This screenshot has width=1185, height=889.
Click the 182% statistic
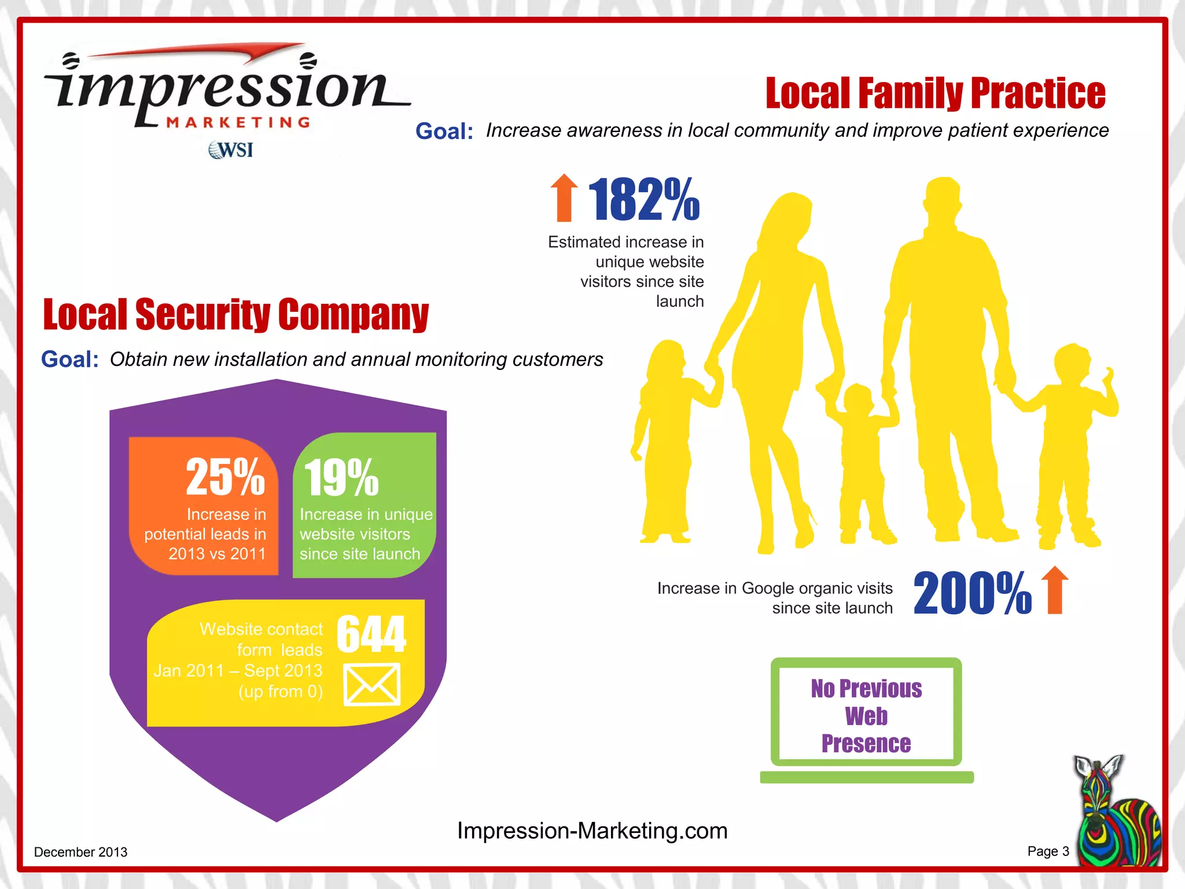(643, 200)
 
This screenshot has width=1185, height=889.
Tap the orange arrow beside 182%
(564, 198)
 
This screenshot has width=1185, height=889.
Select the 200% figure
(972, 593)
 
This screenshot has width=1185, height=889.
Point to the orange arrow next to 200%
(1055, 590)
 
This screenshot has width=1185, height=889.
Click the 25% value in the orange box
(225, 477)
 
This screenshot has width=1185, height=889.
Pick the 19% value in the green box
(341, 478)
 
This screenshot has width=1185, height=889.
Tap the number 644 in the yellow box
(371, 634)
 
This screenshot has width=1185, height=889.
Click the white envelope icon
(372, 685)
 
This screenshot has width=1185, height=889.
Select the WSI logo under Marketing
(231, 150)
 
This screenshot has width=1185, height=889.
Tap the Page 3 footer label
(1048, 851)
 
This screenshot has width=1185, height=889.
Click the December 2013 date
(80, 852)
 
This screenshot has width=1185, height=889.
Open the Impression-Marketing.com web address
(592, 831)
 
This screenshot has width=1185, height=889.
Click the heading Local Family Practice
(935, 93)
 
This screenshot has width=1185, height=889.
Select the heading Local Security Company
(235, 315)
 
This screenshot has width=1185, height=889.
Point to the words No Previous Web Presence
(866, 716)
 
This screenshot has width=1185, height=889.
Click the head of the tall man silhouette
(943, 200)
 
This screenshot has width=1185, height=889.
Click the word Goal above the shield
(69, 359)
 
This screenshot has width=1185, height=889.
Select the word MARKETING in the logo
(238, 122)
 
